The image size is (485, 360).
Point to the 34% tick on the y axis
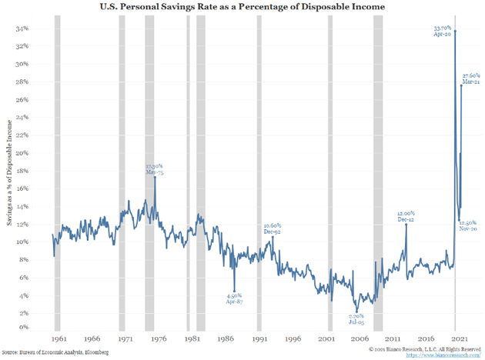pos(24,28)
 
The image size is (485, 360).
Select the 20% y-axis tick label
pos(24,153)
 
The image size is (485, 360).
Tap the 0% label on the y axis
pos(25,328)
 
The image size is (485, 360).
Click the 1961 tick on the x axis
pos(58,338)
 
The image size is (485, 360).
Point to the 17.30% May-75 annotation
pos(156,168)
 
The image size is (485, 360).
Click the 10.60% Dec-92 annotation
pos(273,228)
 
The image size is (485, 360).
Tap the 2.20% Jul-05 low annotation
pos(355,318)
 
